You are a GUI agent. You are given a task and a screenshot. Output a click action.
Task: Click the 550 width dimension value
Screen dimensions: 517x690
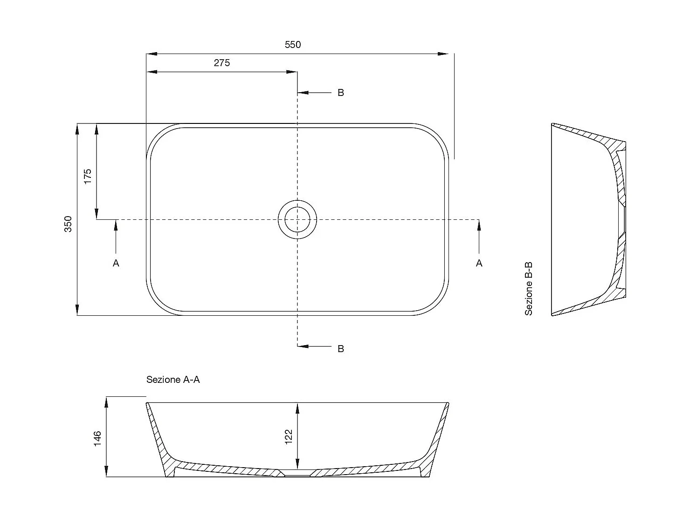click(x=293, y=45)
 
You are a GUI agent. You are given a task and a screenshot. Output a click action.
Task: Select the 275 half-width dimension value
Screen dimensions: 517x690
click(x=222, y=63)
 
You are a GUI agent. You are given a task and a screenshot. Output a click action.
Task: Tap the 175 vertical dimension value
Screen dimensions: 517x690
click(x=88, y=177)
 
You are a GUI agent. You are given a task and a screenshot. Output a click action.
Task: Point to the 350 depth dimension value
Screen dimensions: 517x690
click(x=68, y=224)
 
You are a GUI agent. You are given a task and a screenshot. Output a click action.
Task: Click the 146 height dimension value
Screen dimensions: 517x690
click(x=97, y=439)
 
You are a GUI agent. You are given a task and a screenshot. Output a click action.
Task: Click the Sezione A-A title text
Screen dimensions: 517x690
click(x=173, y=380)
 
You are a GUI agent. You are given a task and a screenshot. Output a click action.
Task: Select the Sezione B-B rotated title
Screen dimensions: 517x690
click(x=529, y=289)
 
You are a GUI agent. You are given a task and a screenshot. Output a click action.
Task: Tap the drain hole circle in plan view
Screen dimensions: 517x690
click(x=297, y=219)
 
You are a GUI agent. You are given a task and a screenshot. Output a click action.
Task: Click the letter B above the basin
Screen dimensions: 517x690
click(x=341, y=93)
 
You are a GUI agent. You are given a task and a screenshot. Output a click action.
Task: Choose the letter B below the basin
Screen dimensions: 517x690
click(x=341, y=349)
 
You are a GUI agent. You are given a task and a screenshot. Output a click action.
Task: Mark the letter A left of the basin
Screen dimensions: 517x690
click(x=116, y=264)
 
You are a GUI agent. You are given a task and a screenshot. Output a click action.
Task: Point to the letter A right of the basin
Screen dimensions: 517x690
click(x=479, y=264)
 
